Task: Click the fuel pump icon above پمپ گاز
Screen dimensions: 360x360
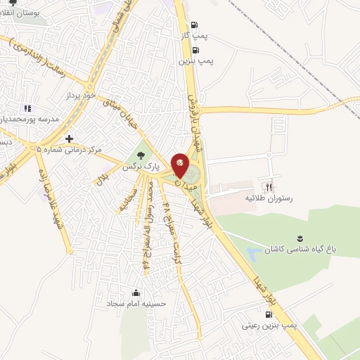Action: point(194,23)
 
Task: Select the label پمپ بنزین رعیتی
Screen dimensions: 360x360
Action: point(270,326)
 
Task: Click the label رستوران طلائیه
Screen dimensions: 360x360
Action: point(267,199)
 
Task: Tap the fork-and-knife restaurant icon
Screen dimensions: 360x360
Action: point(267,187)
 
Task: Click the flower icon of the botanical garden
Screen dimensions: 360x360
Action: point(300,237)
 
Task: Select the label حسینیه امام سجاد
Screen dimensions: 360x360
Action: point(136,304)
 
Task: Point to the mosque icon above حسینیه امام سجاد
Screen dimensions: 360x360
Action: point(136,292)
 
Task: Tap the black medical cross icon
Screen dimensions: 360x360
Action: point(68,139)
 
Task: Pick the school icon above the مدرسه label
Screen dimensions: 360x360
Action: point(27,108)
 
